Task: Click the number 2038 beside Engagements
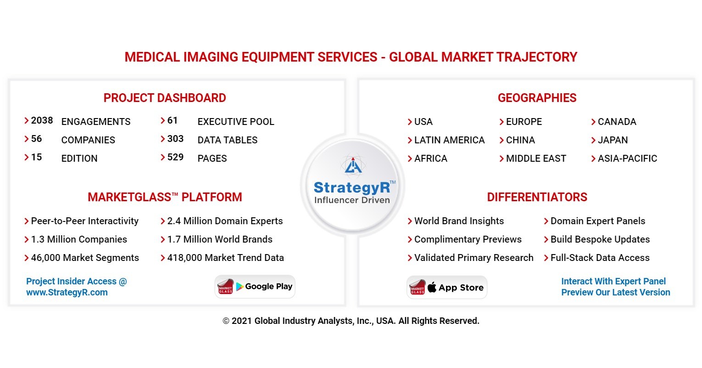tap(42, 121)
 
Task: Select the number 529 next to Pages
tap(175, 158)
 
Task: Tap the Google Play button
tap(255, 287)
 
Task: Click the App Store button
tap(447, 288)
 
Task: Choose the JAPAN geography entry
tap(613, 140)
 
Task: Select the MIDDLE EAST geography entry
tap(536, 159)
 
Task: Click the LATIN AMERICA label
tap(449, 140)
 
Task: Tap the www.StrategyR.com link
tap(67, 293)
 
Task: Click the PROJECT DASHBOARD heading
tap(165, 98)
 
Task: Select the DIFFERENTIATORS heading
tap(537, 198)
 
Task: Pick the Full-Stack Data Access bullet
tap(600, 258)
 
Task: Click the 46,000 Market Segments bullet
tap(85, 258)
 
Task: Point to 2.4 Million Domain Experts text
tap(225, 221)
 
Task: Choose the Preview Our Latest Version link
tap(615, 293)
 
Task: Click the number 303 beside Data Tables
tap(175, 139)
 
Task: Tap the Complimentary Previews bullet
tap(468, 239)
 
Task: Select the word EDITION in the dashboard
tap(79, 159)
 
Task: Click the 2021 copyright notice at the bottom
tap(351, 321)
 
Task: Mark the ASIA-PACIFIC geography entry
tap(627, 159)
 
